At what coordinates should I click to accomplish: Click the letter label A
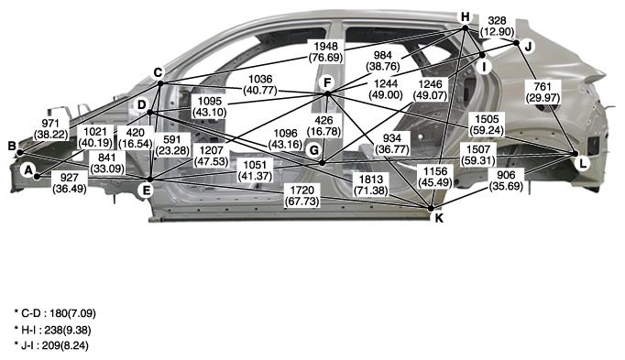(27, 170)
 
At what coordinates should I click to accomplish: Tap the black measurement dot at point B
(19, 153)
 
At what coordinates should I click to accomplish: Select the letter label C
(159, 73)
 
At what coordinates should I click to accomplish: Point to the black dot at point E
(150, 180)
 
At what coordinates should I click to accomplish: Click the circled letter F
(327, 83)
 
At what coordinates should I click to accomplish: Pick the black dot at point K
(431, 208)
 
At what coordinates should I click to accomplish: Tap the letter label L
(583, 164)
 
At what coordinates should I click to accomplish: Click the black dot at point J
(517, 42)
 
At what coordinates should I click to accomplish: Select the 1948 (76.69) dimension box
(325, 51)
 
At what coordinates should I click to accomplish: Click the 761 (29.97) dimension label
(543, 92)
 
